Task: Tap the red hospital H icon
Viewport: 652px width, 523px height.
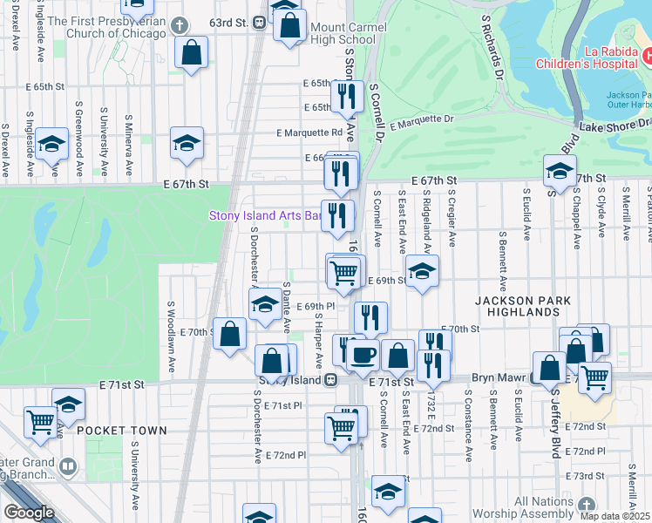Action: click(x=647, y=57)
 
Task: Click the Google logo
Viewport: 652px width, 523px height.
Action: click(x=28, y=513)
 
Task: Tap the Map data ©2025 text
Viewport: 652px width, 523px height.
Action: click(x=615, y=516)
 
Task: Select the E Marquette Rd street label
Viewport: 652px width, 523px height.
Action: click(x=309, y=133)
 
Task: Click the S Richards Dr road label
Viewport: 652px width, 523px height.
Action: click(x=494, y=44)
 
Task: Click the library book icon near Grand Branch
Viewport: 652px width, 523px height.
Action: click(x=67, y=467)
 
